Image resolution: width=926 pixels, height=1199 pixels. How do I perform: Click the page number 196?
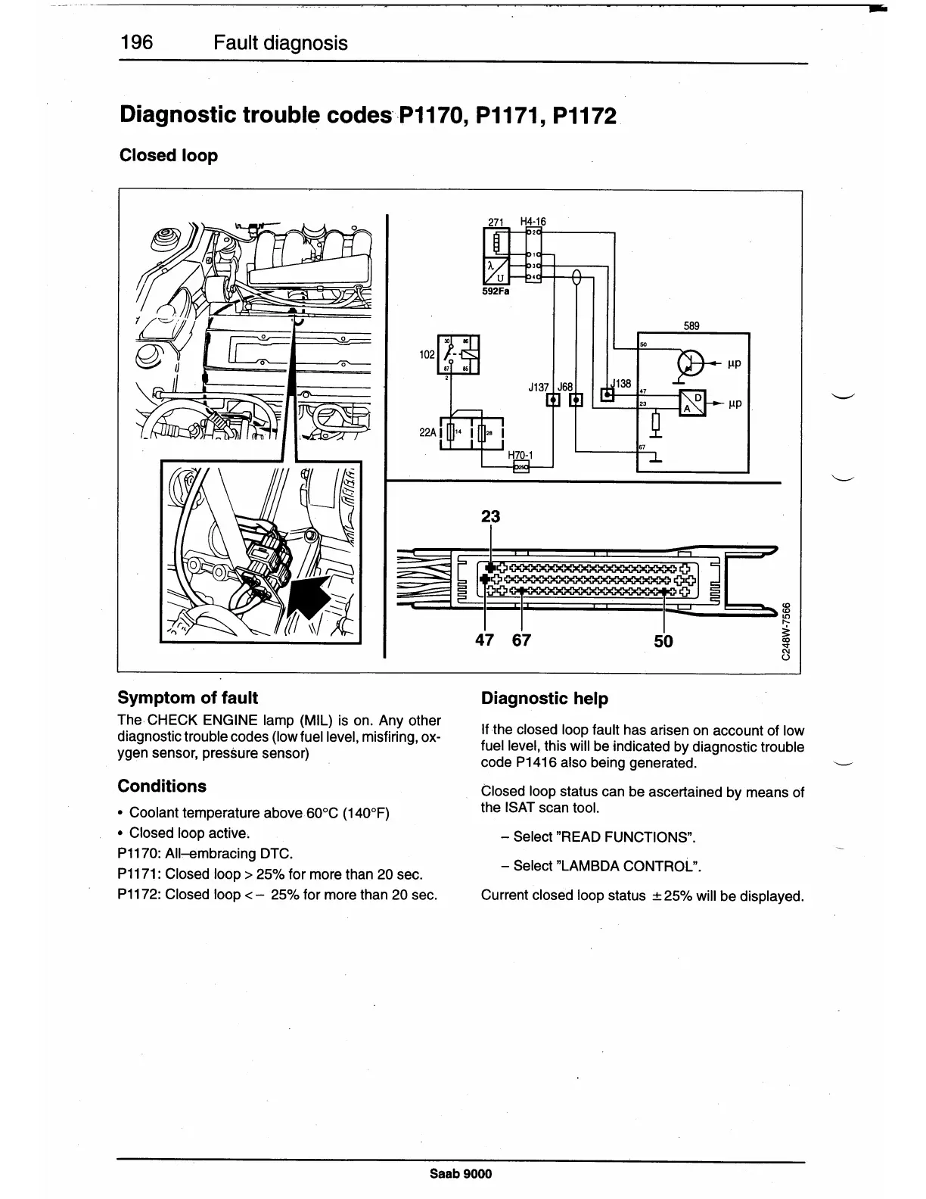click(136, 42)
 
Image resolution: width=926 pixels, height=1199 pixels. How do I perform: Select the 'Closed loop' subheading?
click(169, 155)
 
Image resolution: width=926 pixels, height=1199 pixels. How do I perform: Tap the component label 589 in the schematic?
click(691, 326)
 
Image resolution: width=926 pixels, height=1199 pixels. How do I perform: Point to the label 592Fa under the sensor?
click(496, 290)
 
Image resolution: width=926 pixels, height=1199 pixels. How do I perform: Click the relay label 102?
click(427, 353)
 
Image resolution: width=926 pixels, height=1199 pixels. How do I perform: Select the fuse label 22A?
click(427, 433)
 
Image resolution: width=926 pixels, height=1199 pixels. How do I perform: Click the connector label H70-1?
click(520, 456)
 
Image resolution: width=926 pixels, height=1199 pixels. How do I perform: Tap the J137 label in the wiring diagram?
click(539, 387)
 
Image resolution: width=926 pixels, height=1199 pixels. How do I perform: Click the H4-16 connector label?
click(533, 222)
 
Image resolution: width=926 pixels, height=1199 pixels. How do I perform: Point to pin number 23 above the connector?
click(491, 517)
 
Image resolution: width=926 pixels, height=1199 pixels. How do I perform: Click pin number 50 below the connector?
click(663, 642)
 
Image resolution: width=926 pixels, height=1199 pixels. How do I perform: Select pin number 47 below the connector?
click(484, 640)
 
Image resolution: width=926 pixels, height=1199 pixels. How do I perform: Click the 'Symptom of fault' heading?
click(188, 698)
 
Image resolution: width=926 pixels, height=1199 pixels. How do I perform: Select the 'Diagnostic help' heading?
click(545, 699)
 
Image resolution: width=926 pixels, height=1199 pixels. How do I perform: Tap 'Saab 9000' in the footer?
click(461, 1174)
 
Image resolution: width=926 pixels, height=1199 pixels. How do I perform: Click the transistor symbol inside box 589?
click(690, 363)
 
